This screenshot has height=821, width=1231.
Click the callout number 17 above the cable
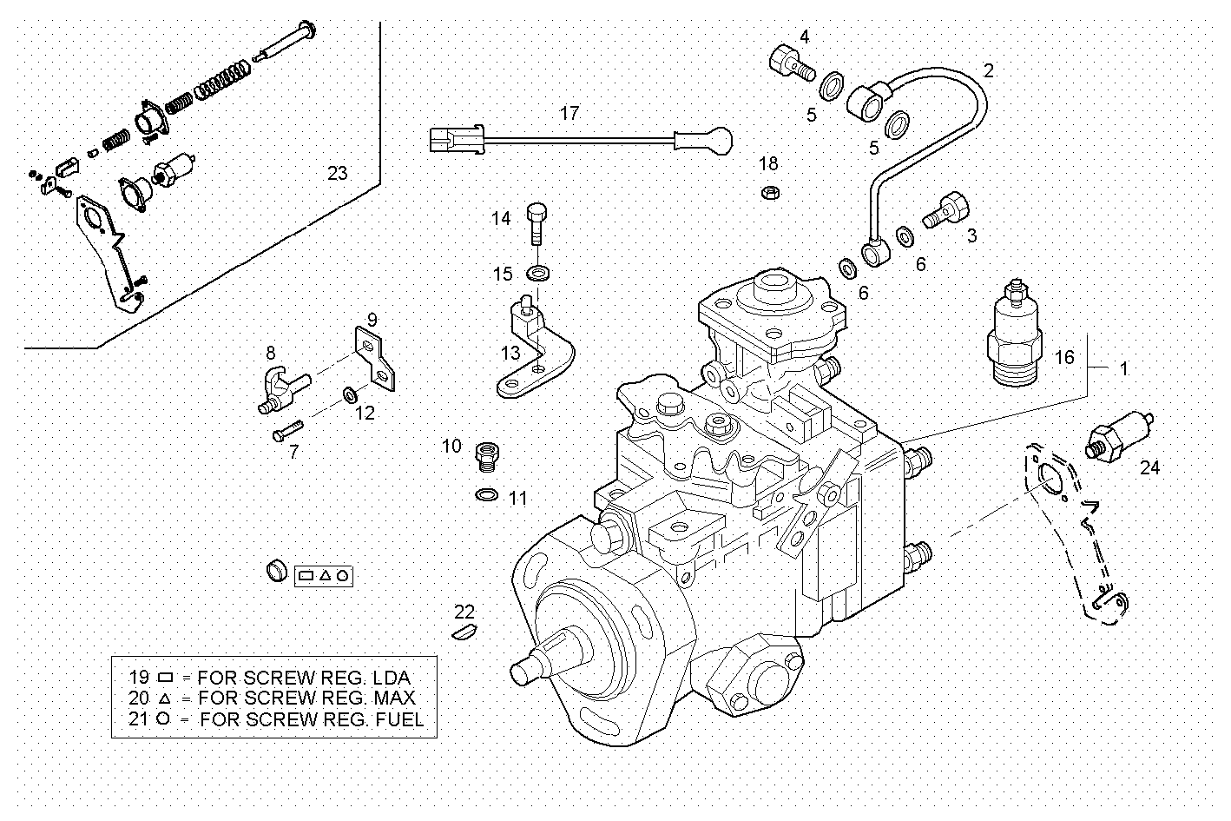pyautogui.click(x=569, y=114)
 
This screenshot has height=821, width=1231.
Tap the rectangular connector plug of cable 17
pyautogui.click(x=455, y=139)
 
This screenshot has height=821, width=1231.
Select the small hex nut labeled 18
pyautogui.click(x=768, y=192)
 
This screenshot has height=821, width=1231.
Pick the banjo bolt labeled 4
pyautogui.click(x=789, y=62)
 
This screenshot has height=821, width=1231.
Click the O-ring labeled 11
pyautogui.click(x=488, y=496)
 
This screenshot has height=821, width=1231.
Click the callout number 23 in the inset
pyautogui.click(x=337, y=173)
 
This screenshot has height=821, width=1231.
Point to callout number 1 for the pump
pyautogui.click(x=1123, y=368)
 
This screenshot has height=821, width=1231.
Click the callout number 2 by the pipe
pyautogui.click(x=987, y=71)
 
